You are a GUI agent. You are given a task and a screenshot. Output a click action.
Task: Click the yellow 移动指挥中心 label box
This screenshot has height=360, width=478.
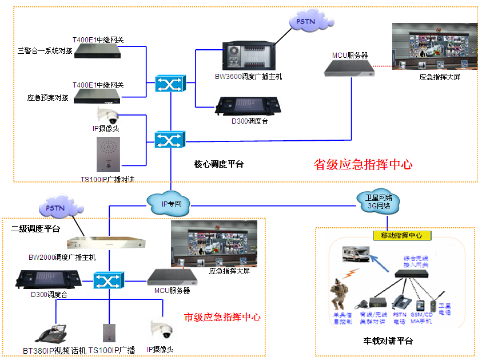[401, 235]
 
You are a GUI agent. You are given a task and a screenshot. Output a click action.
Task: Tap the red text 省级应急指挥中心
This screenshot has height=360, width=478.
[363, 164]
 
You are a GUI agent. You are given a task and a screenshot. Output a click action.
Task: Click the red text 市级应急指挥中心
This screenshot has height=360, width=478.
[222, 317]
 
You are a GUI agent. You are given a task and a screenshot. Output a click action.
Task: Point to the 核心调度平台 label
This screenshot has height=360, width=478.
[219, 164]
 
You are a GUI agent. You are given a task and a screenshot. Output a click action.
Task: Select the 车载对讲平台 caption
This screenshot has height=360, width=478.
[388, 341]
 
